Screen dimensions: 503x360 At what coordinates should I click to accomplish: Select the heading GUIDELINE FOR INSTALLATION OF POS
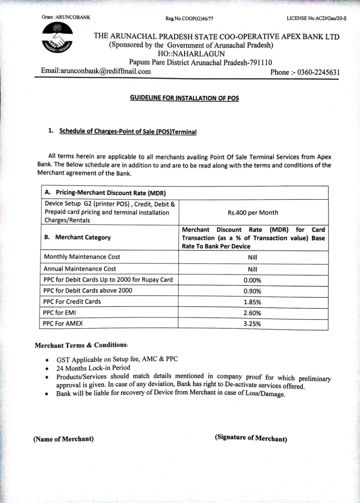pos(184,98)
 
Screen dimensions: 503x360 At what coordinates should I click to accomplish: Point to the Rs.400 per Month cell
pos(253,213)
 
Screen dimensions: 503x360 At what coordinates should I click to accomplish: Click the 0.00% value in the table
pos(252,281)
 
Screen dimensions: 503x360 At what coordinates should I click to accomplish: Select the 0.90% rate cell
pos(252,291)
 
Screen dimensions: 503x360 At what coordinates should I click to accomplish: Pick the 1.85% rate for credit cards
pos(252,302)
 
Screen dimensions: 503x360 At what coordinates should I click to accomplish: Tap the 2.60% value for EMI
pos(252,313)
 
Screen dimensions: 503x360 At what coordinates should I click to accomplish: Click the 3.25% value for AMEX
pos(252,324)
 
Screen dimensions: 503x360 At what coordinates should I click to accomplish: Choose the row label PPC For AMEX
pos(63,324)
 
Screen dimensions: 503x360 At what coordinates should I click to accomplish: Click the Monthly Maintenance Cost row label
pos(82,257)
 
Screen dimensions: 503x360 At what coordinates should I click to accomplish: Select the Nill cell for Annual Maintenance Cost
pos(252,270)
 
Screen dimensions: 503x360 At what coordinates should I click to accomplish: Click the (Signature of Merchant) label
pos(251,438)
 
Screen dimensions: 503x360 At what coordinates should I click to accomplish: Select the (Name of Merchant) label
pos(64,439)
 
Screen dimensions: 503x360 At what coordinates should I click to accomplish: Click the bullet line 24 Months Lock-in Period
pos(93,368)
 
